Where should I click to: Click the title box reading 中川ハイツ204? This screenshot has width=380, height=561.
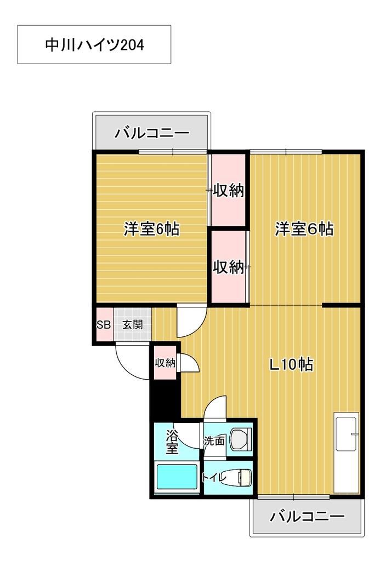(94, 44)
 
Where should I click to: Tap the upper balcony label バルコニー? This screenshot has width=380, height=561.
(151, 133)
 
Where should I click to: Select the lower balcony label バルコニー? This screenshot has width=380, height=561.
(307, 516)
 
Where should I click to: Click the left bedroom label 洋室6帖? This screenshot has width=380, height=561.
(151, 229)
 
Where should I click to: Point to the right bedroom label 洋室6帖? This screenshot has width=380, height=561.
(304, 229)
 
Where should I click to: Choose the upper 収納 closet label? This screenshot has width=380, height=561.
(228, 191)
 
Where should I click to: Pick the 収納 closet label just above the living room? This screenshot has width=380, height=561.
(228, 267)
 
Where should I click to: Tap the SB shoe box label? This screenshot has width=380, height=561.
(104, 324)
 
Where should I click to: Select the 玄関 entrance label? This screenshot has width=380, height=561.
(132, 324)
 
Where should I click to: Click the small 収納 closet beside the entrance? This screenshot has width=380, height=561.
(165, 362)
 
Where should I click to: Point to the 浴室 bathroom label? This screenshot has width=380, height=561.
(172, 443)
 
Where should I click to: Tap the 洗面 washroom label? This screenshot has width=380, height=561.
(214, 440)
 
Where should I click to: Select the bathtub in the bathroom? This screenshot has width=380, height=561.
(177, 478)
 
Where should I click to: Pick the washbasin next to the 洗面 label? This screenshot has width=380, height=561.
(240, 439)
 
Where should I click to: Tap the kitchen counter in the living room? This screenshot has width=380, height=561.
(347, 455)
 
